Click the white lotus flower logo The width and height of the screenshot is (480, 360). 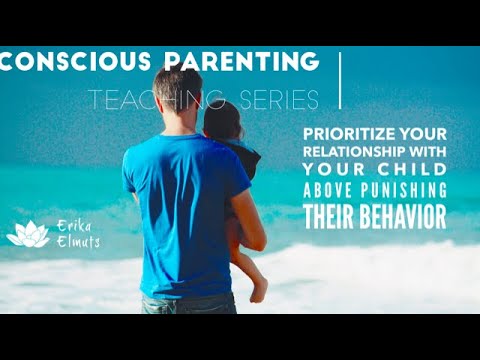[27, 236]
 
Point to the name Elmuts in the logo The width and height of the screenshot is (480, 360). [75, 241]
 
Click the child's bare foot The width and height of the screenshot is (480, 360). [258, 290]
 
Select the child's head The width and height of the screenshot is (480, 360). [221, 120]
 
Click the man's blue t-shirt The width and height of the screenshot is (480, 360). [180, 200]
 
